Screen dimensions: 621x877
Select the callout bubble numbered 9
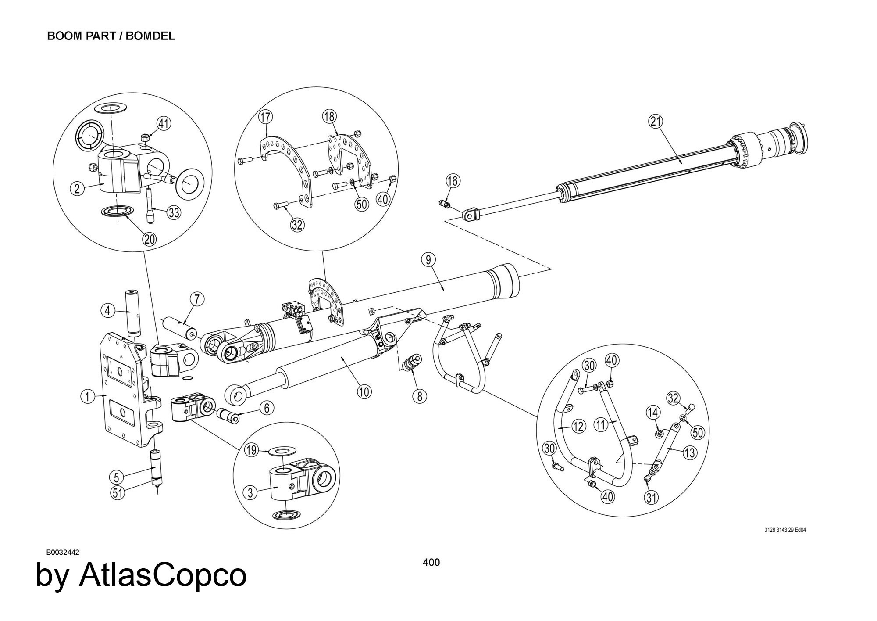click(x=428, y=260)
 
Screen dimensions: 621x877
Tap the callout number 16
click(x=453, y=180)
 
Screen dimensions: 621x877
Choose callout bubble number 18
click(x=330, y=117)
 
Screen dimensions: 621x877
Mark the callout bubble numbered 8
click(x=420, y=396)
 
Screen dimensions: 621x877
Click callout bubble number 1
click(x=87, y=397)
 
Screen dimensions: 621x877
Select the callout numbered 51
click(x=117, y=493)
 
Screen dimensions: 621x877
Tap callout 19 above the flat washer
click(x=251, y=451)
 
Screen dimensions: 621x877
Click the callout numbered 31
click(x=652, y=497)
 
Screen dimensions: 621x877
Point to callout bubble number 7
click(x=197, y=300)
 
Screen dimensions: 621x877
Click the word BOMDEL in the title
click(x=150, y=36)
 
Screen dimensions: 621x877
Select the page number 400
click(x=431, y=562)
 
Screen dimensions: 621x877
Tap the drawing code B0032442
click(x=63, y=552)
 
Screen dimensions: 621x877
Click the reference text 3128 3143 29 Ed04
click(x=785, y=530)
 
